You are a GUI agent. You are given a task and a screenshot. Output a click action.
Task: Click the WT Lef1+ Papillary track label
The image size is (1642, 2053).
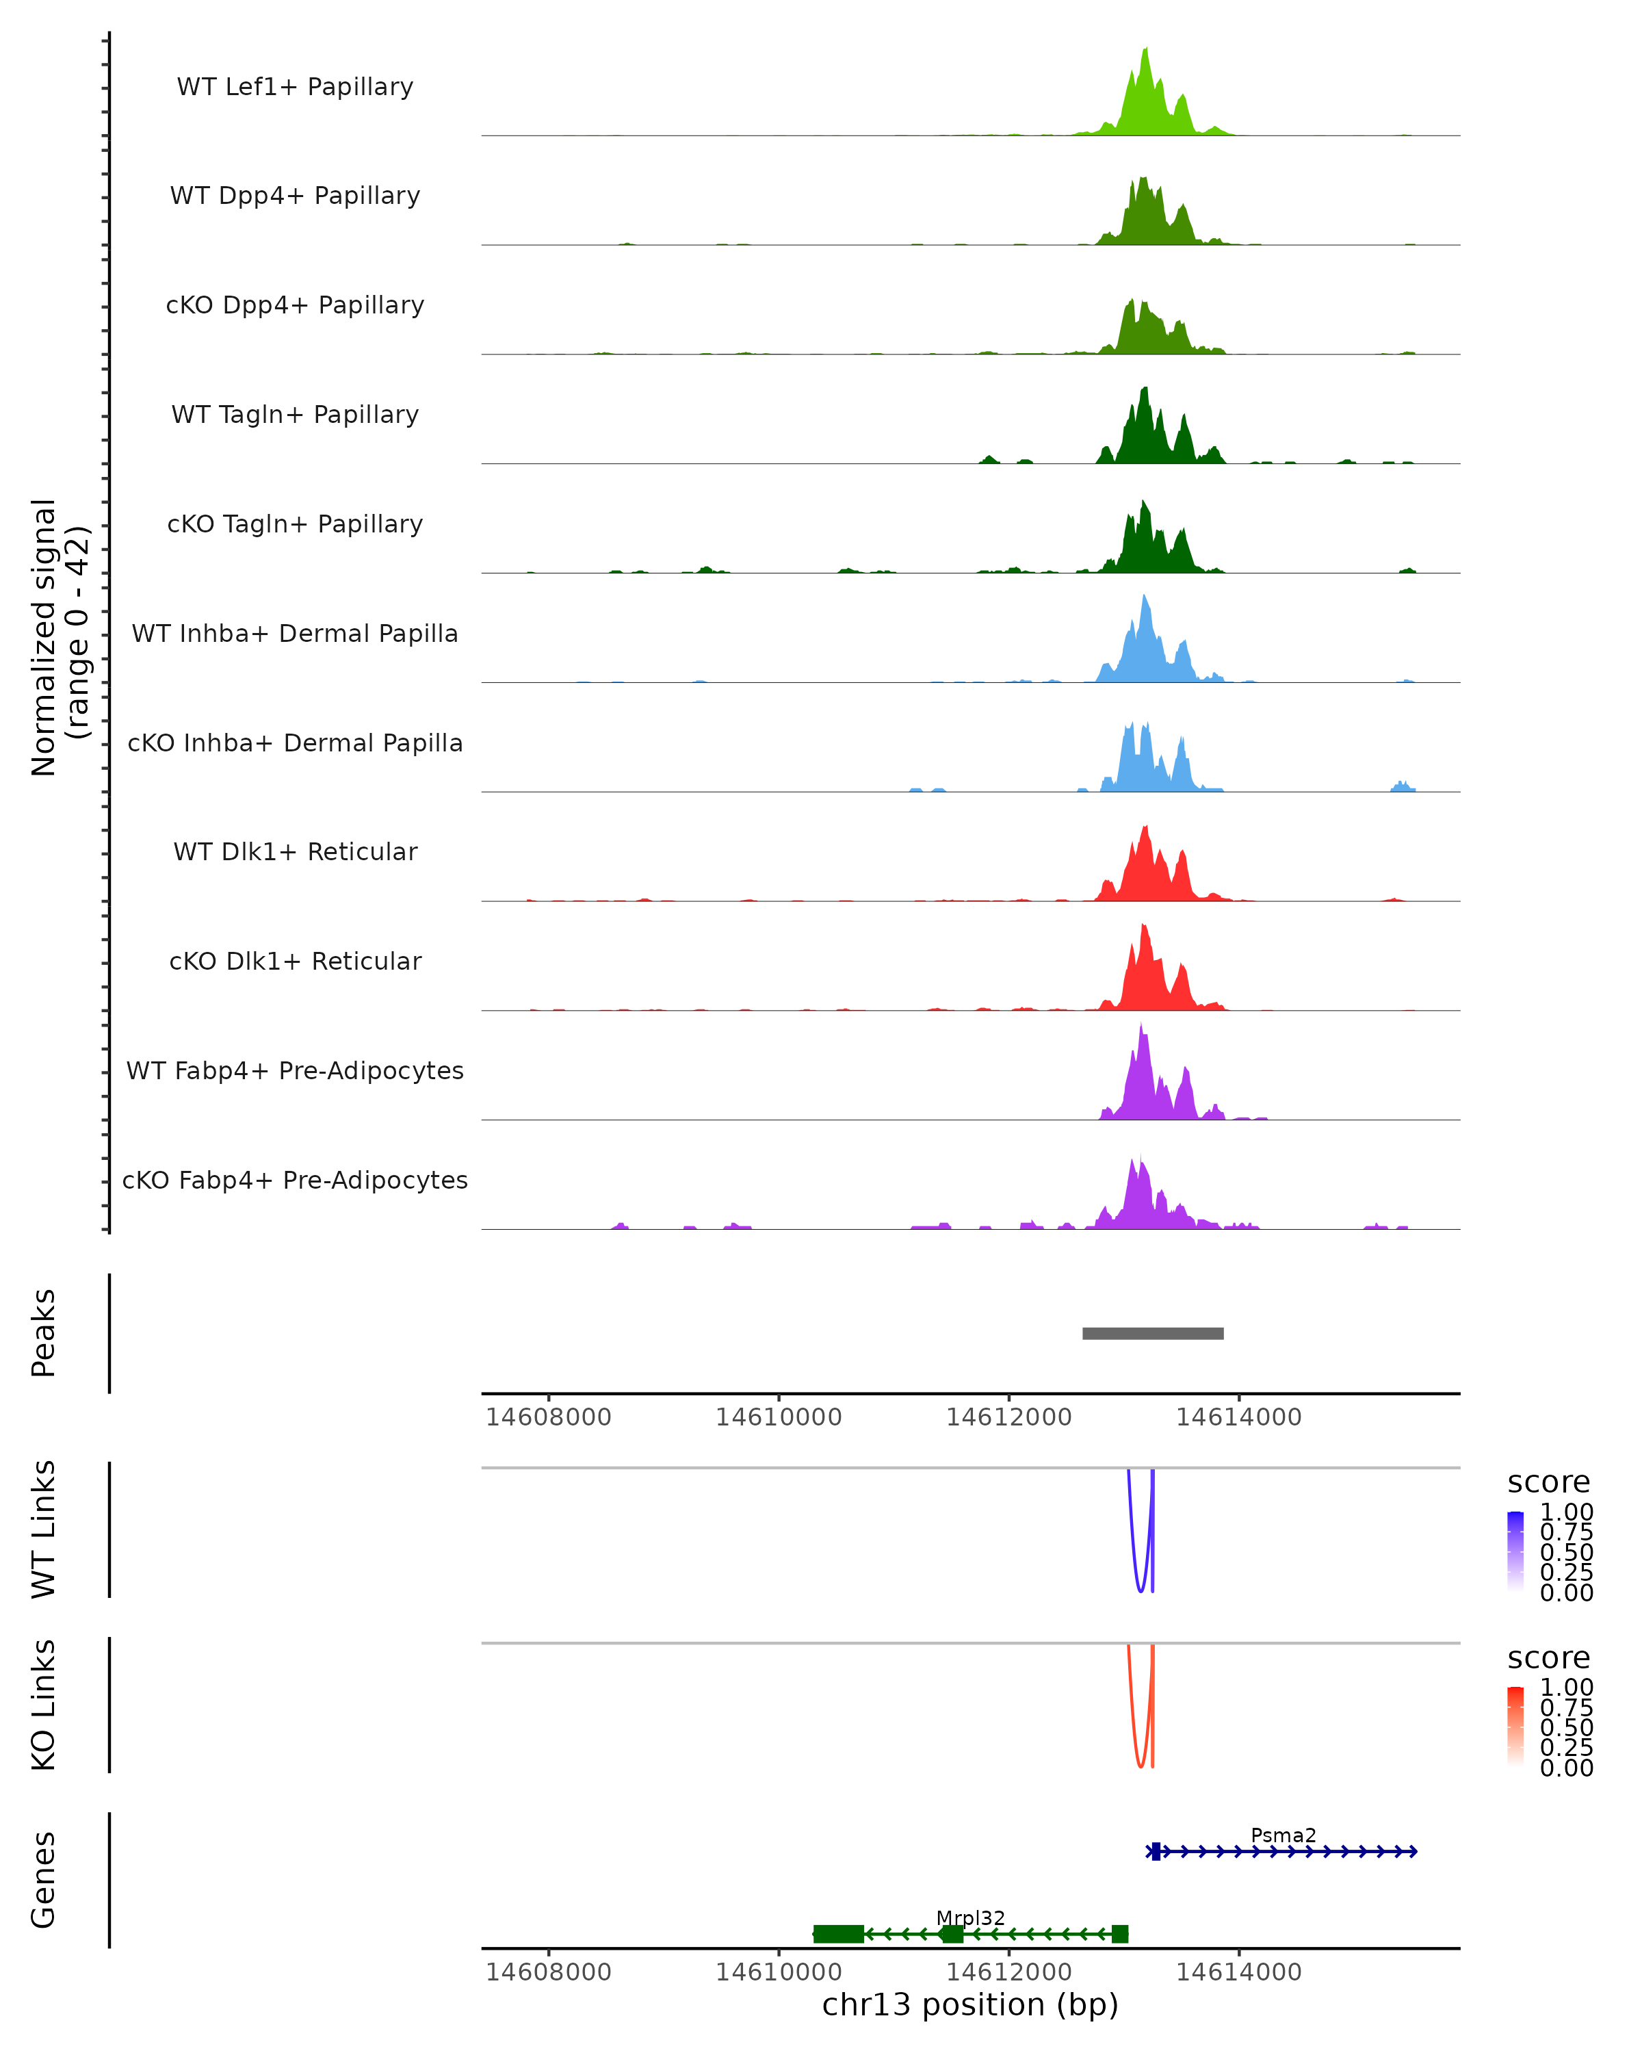(295, 87)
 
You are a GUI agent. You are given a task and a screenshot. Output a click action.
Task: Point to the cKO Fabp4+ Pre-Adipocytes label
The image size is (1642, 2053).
(295, 1180)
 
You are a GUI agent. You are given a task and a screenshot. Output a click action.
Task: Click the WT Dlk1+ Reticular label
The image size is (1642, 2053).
(295, 851)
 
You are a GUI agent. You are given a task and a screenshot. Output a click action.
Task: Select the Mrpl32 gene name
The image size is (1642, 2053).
(970, 1918)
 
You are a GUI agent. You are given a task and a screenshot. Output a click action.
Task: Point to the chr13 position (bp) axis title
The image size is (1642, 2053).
(970, 2004)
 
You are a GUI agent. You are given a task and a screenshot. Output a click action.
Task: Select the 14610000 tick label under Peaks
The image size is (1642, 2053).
(779, 1417)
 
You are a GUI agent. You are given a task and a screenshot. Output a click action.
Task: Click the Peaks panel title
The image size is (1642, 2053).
(44, 1333)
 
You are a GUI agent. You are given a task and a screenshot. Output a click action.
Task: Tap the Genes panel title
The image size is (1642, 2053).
(44, 1880)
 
